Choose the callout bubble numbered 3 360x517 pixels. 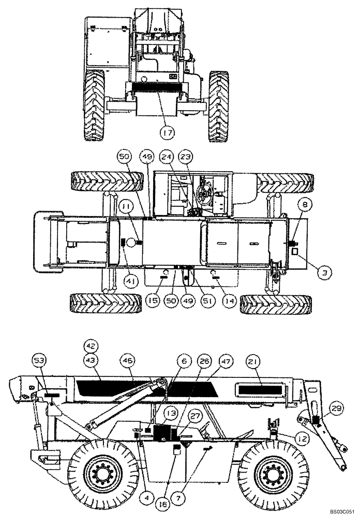[323, 269]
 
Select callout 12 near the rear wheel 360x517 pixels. [303, 438]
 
